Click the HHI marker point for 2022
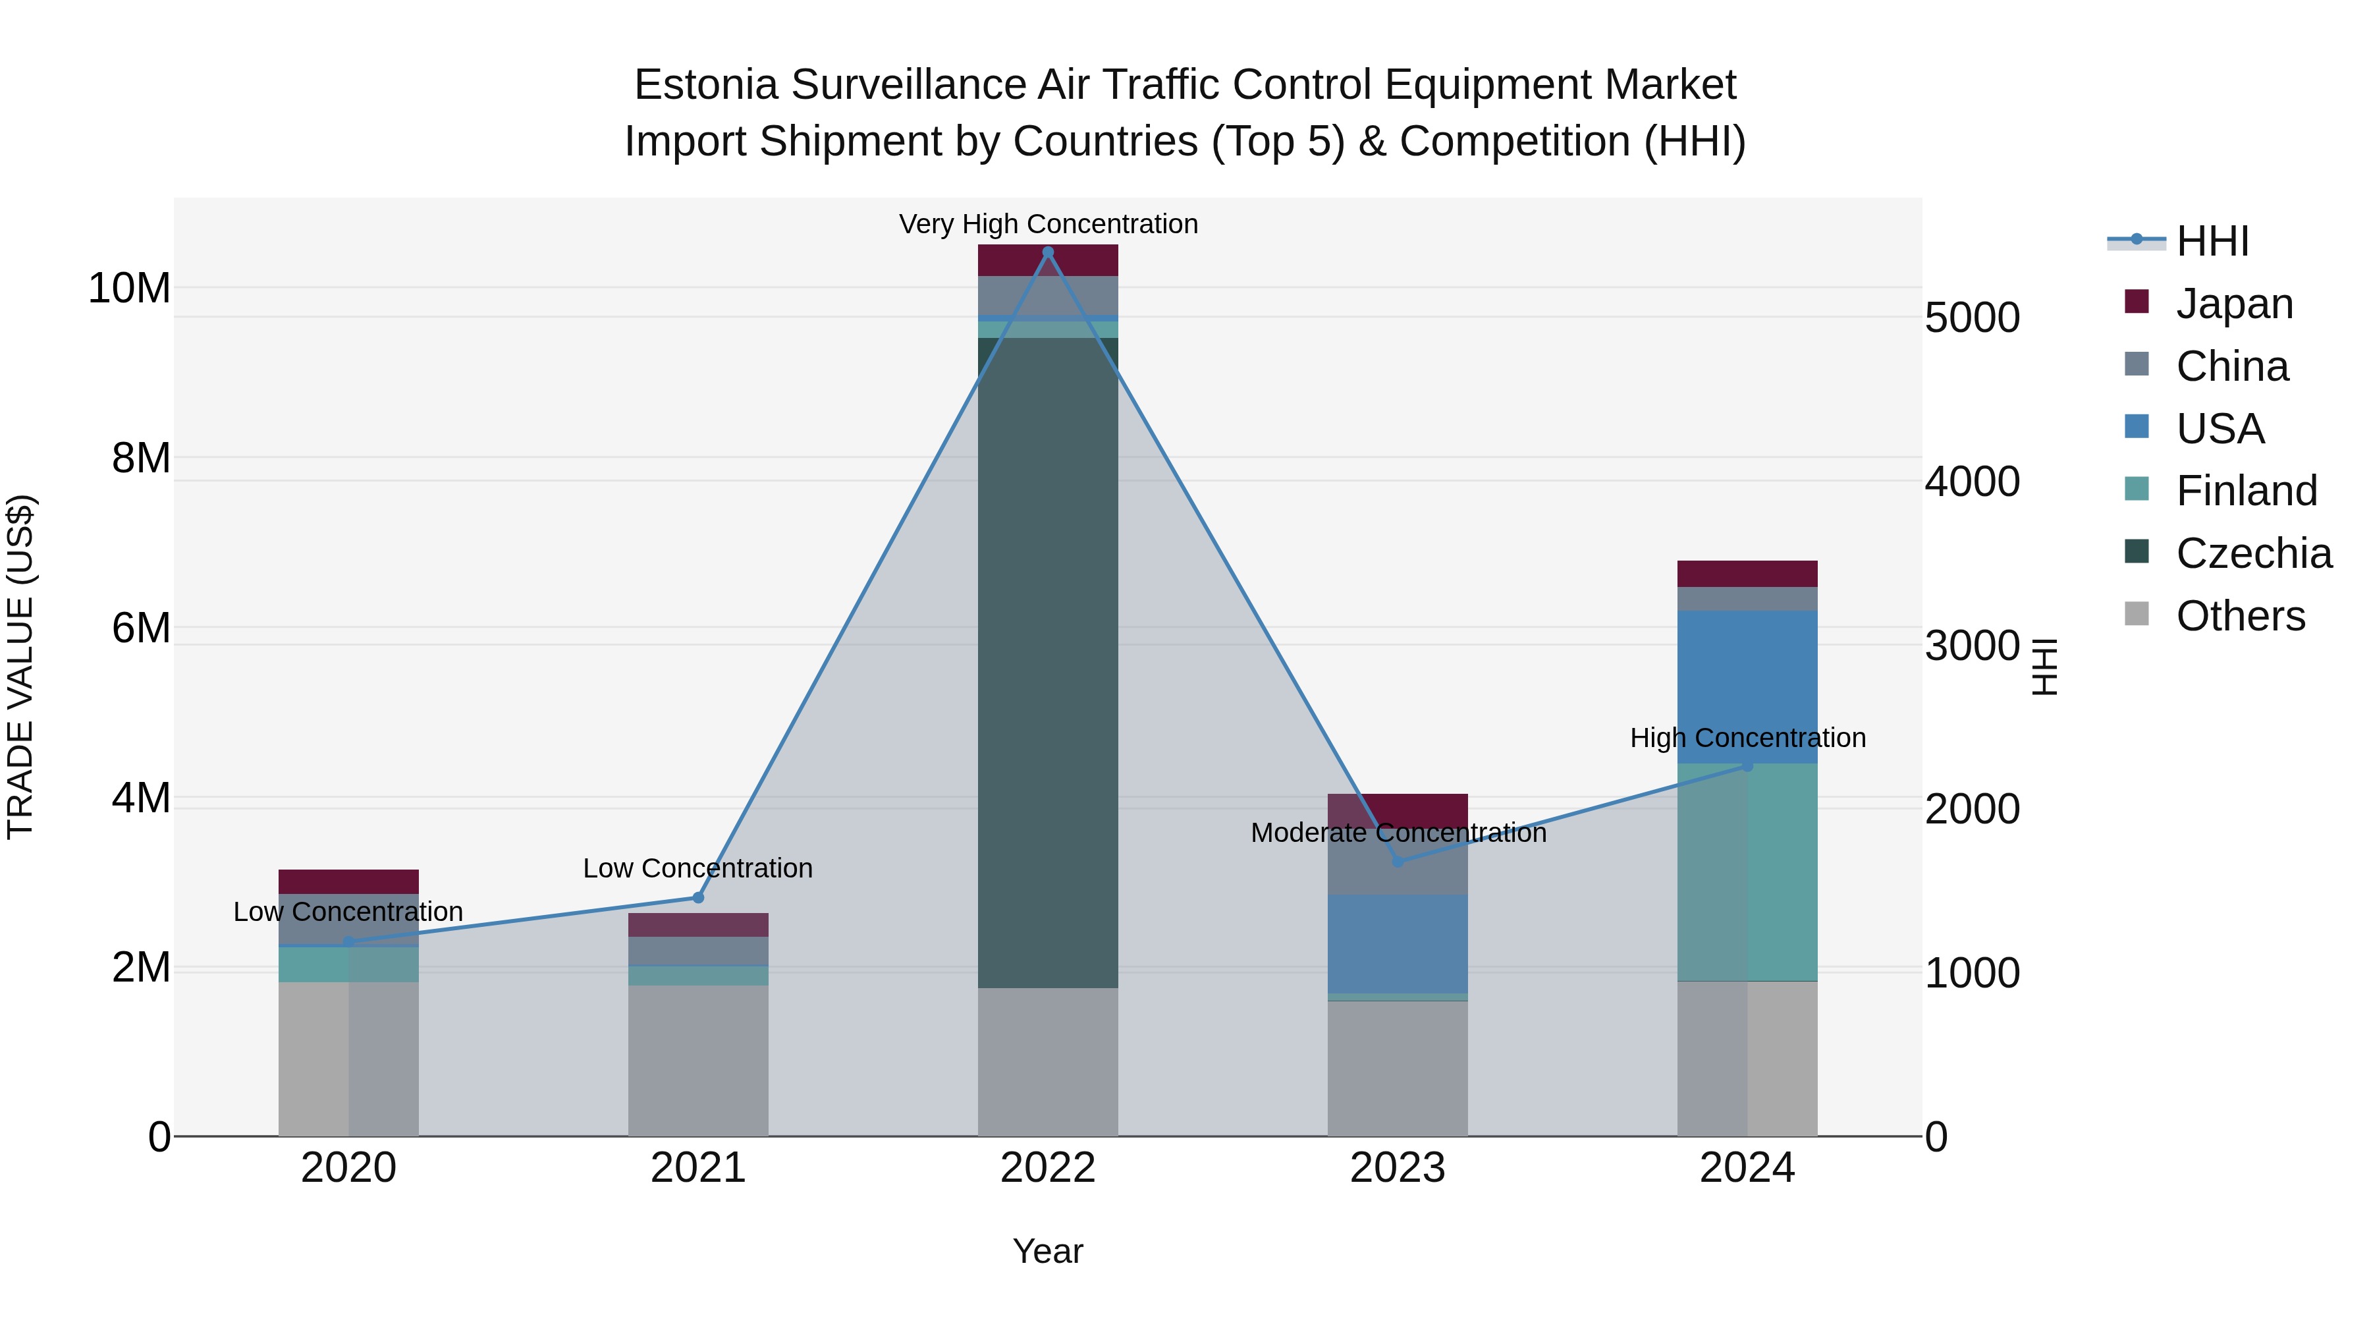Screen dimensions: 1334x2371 pyautogui.click(x=1047, y=252)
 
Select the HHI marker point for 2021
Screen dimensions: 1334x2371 pyautogui.click(x=697, y=898)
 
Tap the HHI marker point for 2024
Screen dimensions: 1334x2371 pyautogui.click(x=1747, y=766)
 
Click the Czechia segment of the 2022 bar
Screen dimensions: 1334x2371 pyautogui.click(x=1047, y=663)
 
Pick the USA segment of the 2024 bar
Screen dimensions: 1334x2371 pyautogui.click(x=1747, y=686)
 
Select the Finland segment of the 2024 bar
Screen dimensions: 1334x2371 pyautogui.click(x=1747, y=872)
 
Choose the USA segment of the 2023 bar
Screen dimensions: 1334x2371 pyautogui.click(x=1397, y=943)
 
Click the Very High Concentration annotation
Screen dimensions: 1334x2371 pyautogui.click(x=1047, y=225)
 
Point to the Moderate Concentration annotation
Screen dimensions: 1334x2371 pyautogui.click(x=1397, y=833)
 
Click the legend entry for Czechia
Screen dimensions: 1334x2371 pyautogui.click(x=2253, y=553)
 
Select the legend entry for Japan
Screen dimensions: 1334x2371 pyautogui.click(x=2234, y=304)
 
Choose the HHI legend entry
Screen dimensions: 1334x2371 pyautogui.click(x=2212, y=241)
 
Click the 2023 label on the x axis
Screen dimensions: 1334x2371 pyautogui.click(x=1397, y=1168)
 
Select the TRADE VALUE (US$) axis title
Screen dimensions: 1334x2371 pyautogui.click(x=20, y=667)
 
